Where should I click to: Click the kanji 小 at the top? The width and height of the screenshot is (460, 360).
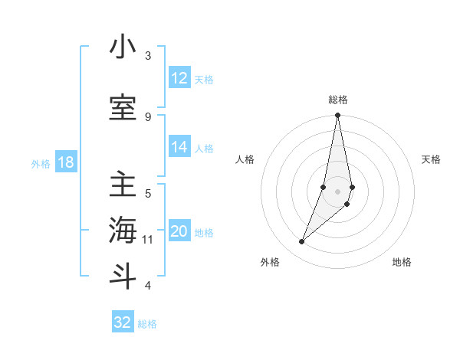click(123, 47)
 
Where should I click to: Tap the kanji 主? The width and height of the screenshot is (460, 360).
click(123, 185)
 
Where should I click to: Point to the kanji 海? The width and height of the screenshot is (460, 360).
click(123, 231)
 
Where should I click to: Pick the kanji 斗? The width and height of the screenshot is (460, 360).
click(123, 277)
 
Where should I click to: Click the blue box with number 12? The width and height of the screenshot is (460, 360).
click(179, 78)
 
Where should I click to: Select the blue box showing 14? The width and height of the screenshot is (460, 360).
click(179, 148)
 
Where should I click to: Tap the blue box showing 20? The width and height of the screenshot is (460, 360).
click(179, 232)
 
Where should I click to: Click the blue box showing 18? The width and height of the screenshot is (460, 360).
click(65, 163)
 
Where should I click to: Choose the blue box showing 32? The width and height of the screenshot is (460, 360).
click(123, 322)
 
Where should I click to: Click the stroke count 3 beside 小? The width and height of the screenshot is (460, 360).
click(148, 56)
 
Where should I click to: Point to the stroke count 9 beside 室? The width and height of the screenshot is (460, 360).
click(148, 116)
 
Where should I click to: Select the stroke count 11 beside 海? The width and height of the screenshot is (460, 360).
click(148, 240)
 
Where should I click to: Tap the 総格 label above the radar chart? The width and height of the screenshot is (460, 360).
click(338, 100)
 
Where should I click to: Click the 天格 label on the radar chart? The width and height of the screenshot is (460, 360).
click(431, 159)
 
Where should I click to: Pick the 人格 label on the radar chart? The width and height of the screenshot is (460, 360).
click(245, 159)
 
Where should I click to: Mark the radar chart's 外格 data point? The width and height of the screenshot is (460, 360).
click(301, 242)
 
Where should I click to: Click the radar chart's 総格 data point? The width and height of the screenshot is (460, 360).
click(337, 116)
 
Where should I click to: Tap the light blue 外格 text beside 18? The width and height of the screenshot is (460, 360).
click(40, 164)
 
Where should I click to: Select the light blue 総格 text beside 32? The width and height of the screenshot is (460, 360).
click(147, 324)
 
